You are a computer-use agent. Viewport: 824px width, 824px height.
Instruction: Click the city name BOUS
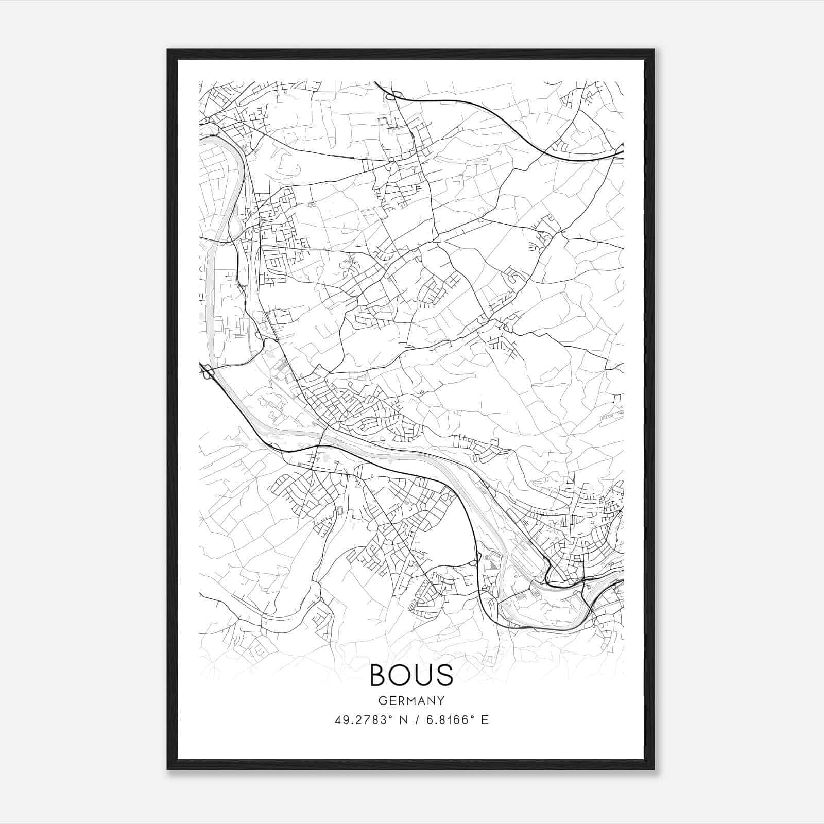411,675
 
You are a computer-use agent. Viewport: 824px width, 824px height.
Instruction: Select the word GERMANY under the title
411,701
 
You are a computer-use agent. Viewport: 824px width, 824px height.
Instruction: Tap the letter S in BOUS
445,675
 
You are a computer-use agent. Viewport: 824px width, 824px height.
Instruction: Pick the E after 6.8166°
485,720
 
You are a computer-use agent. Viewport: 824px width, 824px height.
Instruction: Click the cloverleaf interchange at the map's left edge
208,372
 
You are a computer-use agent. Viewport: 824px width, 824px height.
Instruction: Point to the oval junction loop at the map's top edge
390,96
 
